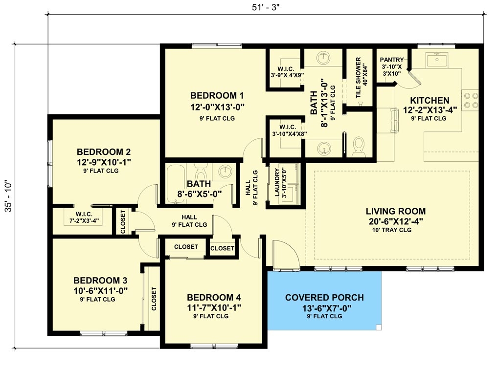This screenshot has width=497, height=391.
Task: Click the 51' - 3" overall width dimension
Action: (267, 7)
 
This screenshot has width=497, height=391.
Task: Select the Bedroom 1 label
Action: (217, 95)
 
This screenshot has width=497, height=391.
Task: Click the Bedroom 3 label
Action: (100, 281)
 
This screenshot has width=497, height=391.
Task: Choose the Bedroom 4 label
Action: (214, 297)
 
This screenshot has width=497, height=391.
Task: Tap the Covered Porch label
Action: (324, 298)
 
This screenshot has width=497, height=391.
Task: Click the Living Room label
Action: (395, 211)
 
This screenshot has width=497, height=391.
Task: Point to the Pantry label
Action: (392, 60)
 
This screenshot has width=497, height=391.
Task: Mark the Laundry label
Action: (277, 183)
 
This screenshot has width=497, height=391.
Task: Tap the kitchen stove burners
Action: (470, 100)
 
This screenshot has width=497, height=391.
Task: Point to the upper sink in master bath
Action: (323, 58)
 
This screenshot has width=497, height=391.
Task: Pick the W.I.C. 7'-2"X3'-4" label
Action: (81, 217)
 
